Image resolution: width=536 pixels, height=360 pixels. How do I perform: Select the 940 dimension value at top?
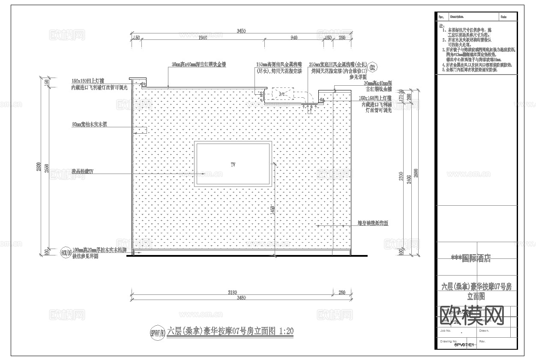tap(293, 38)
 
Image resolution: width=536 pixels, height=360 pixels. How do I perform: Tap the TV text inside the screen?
tap(233, 165)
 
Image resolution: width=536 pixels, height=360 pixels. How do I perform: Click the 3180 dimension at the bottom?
tap(232, 293)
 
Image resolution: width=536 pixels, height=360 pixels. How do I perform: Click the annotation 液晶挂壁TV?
tap(82, 171)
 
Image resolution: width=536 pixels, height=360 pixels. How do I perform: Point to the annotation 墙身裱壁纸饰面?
tap(373, 223)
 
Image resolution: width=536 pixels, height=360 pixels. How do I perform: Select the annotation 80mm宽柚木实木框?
tap(89, 125)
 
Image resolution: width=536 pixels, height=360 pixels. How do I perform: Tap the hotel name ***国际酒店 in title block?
tap(471, 258)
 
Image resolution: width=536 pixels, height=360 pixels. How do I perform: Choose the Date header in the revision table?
tap(503, 17)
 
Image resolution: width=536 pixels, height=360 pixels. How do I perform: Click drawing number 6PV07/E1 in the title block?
tap(464, 345)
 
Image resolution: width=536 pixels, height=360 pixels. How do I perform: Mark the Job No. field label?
tap(445, 330)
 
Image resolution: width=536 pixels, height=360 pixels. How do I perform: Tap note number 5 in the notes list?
tap(444, 69)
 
